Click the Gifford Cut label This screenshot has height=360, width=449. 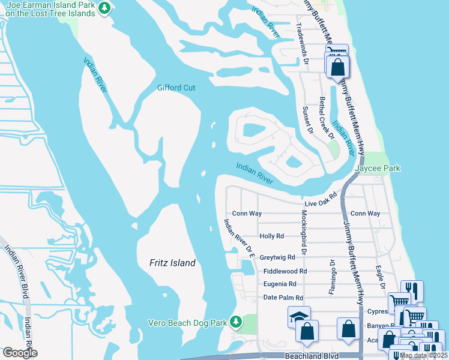pos(176,88)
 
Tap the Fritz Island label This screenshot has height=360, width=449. pos(172,263)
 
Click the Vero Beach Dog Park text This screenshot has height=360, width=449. pos(187,323)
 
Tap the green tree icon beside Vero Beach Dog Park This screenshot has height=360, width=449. pos(236,322)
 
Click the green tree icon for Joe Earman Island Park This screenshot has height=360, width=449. pos(106,8)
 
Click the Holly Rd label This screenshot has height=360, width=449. pos(271,236)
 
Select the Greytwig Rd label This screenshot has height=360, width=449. pos(277,257)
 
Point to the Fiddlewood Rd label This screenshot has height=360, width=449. pos(285,271)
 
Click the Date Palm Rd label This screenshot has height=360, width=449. pos(283,298)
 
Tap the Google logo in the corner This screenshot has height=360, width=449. pos(19,353)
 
